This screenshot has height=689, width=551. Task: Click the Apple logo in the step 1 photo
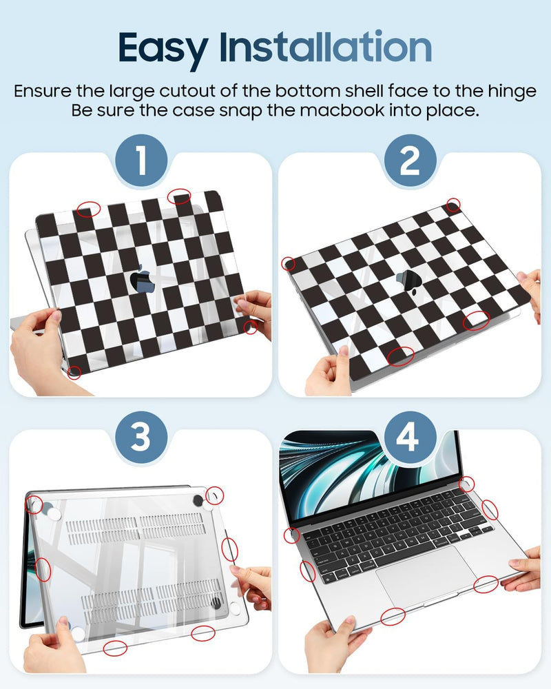point(141,278)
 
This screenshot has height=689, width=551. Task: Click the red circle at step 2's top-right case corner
point(453,204)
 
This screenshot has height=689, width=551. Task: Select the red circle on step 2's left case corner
point(290,264)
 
